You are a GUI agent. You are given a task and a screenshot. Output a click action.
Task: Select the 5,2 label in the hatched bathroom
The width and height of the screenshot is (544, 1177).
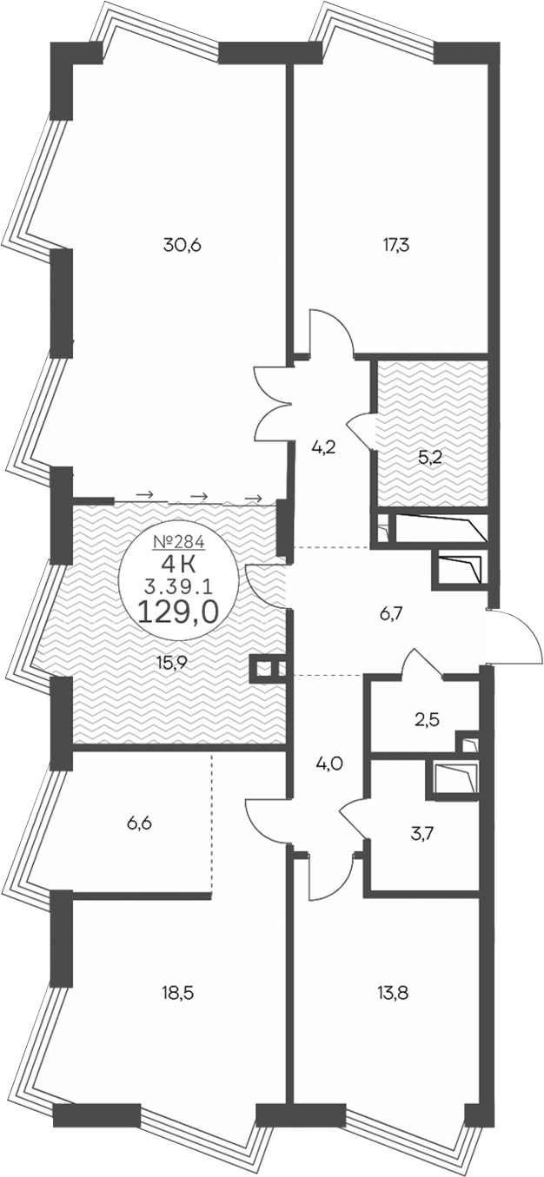430,458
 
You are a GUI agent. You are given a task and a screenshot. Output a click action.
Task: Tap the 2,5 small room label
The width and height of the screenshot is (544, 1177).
427,719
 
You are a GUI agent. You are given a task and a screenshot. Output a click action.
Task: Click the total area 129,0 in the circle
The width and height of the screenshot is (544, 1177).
177,612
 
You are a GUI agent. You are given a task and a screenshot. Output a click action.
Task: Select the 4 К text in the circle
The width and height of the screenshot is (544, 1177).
177,565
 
